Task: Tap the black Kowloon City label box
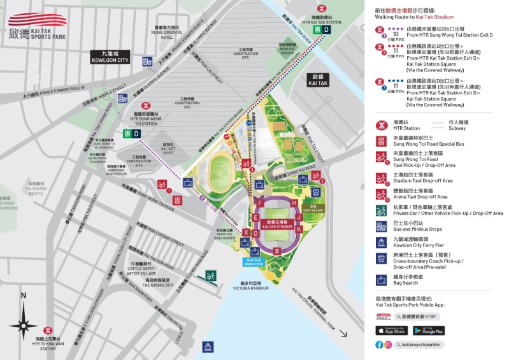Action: pyautogui.click(x=110, y=57)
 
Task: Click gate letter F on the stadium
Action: pyautogui.click(x=261, y=203)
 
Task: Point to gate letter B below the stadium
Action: pyautogui.click(x=276, y=250)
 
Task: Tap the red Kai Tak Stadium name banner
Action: pyautogui.click(x=276, y=224)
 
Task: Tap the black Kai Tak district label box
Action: pyautogui.click(x=317, y=80)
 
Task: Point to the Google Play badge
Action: pyautogui.click(x=428, y=330)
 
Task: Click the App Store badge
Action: pyautogui.click(x=391, y=330)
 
